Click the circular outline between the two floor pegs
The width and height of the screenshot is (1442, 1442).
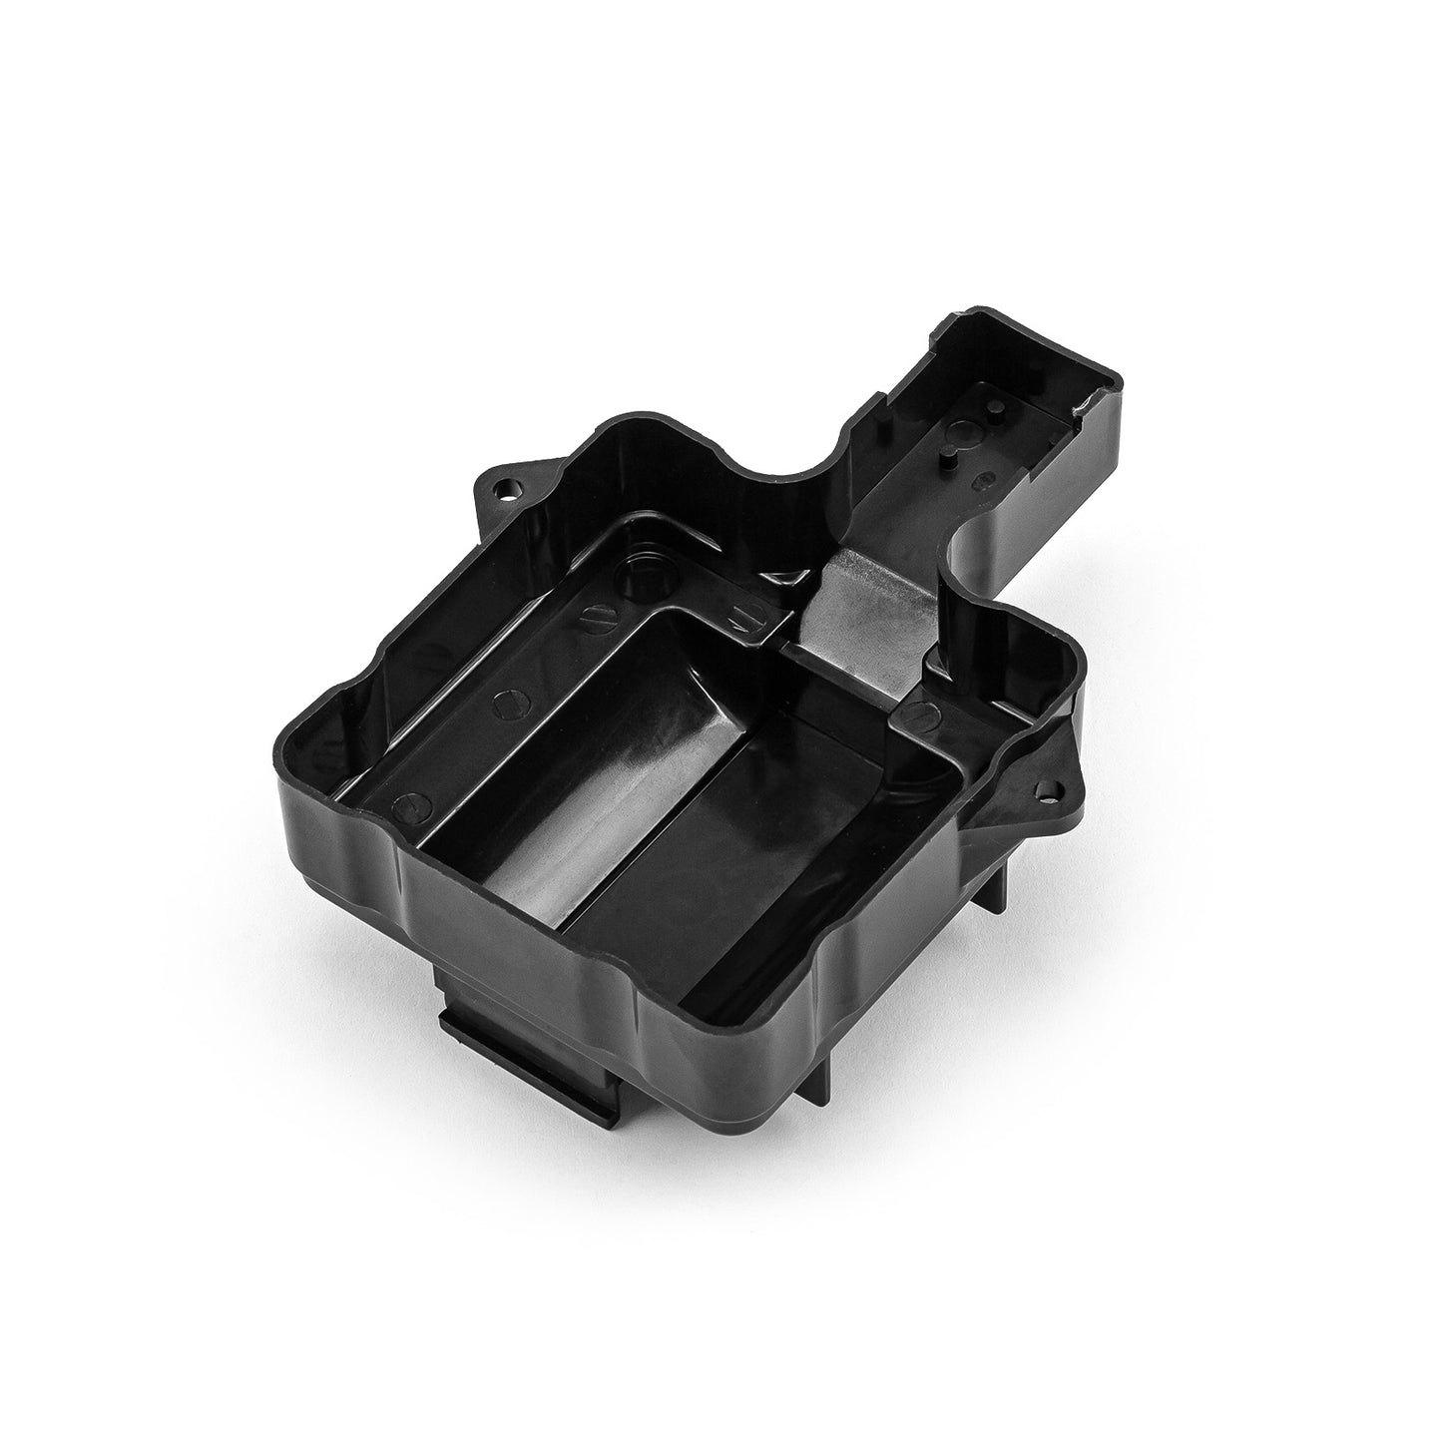click(x=965, y=432)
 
